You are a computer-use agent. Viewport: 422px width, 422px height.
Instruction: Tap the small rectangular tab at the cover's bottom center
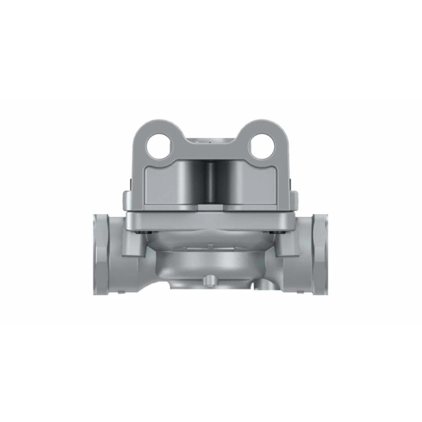211,208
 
